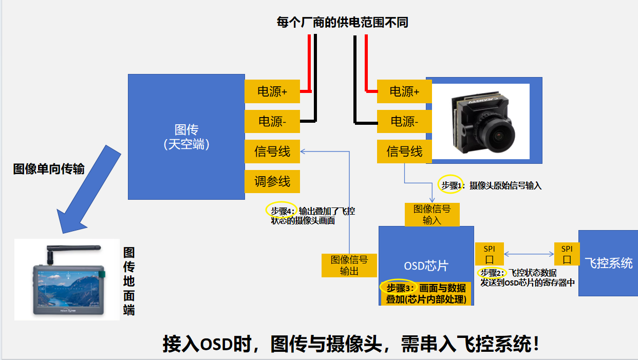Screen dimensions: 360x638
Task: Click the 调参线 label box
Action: coord(272,181)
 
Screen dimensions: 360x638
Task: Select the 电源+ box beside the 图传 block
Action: coord(272,92)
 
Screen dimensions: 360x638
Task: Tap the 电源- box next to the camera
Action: coord(404,122)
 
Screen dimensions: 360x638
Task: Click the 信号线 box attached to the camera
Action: coord(404,151)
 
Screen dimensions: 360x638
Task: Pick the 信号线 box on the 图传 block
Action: coord(272,151)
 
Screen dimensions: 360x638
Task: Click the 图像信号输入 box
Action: coord(432,214)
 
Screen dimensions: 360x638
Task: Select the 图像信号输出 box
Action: coord(349,265)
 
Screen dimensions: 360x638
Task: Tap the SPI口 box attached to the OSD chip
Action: coord(489,254)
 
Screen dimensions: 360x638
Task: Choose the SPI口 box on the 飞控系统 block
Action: coord(567,254)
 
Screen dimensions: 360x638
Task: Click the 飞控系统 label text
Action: coord(609,263)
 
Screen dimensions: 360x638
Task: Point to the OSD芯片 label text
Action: coord(426,266)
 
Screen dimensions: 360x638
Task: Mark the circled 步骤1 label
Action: coord(451,185)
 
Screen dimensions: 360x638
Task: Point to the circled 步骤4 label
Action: coord(282,210)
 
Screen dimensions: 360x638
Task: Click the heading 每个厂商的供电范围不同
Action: coord(342,22)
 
